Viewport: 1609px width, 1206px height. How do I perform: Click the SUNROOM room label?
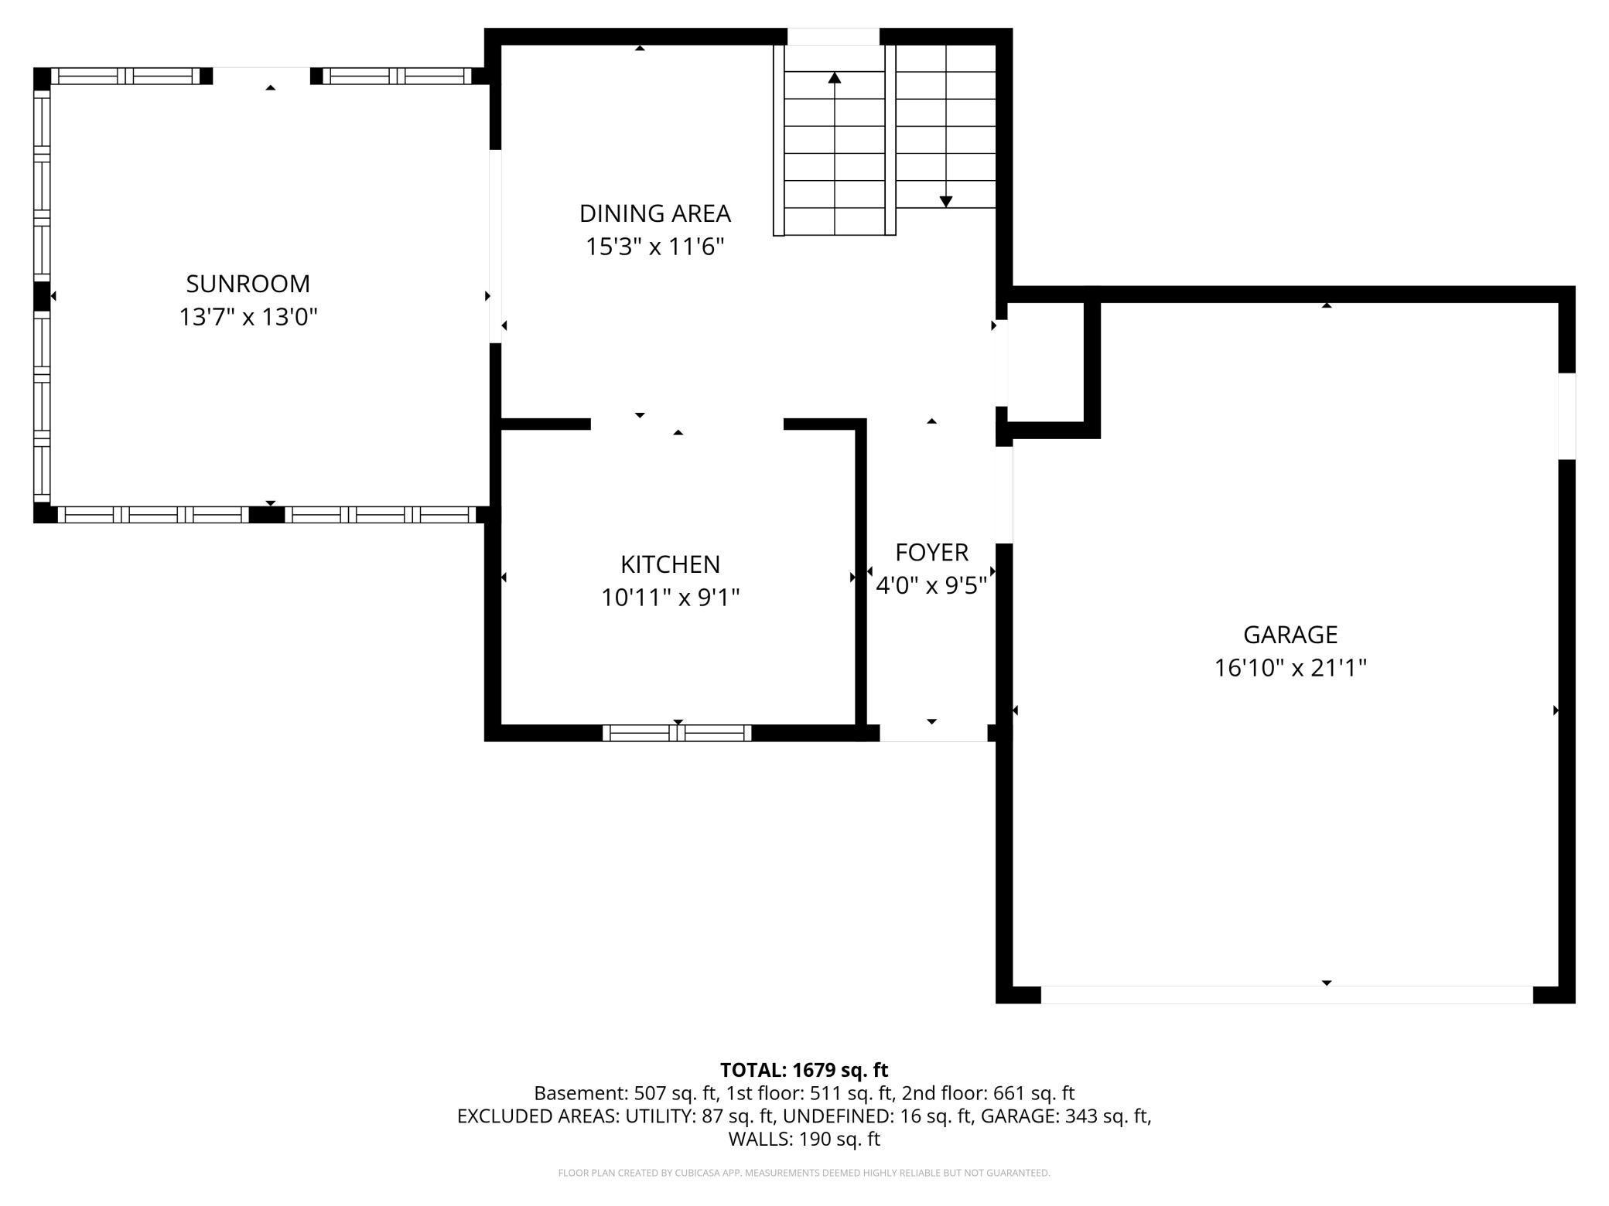(x=248, y=284)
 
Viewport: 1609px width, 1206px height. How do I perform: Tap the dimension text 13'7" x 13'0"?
(x=248, y=317)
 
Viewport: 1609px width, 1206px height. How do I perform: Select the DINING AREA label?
(x=654, y=213)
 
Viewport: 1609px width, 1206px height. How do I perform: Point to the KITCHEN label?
(x=670, y=564)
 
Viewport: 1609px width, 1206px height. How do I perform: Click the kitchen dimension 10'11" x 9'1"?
(x=670, y=598)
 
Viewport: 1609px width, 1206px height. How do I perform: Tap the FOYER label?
(x=931, y=553)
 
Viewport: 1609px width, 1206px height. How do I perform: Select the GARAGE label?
(x=1290, y=635)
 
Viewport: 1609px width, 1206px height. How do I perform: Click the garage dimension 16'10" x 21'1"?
(x=1290, y=668)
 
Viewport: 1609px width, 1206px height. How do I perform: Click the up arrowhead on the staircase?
(x=834, y=77)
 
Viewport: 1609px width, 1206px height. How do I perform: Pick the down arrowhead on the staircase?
(x=945, y=202)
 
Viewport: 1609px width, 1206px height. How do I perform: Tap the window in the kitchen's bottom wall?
(x=677, y=733)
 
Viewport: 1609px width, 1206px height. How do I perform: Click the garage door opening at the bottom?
(x=1286, y=995)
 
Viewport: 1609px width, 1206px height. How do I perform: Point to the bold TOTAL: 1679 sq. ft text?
(x=804, y=1070)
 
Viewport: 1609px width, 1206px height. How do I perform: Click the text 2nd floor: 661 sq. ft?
(x=988, y=1093)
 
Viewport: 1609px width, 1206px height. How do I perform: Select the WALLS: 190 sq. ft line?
(x=804, y=1139)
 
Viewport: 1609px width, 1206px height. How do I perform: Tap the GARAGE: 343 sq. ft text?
(x=1066, y=1116)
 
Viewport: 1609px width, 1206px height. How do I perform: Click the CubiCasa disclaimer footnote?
(x=804, y=1173)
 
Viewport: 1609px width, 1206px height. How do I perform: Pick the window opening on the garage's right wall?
(x=1566, y=416)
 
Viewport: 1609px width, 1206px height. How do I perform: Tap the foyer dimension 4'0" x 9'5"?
(x=931, y=586)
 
